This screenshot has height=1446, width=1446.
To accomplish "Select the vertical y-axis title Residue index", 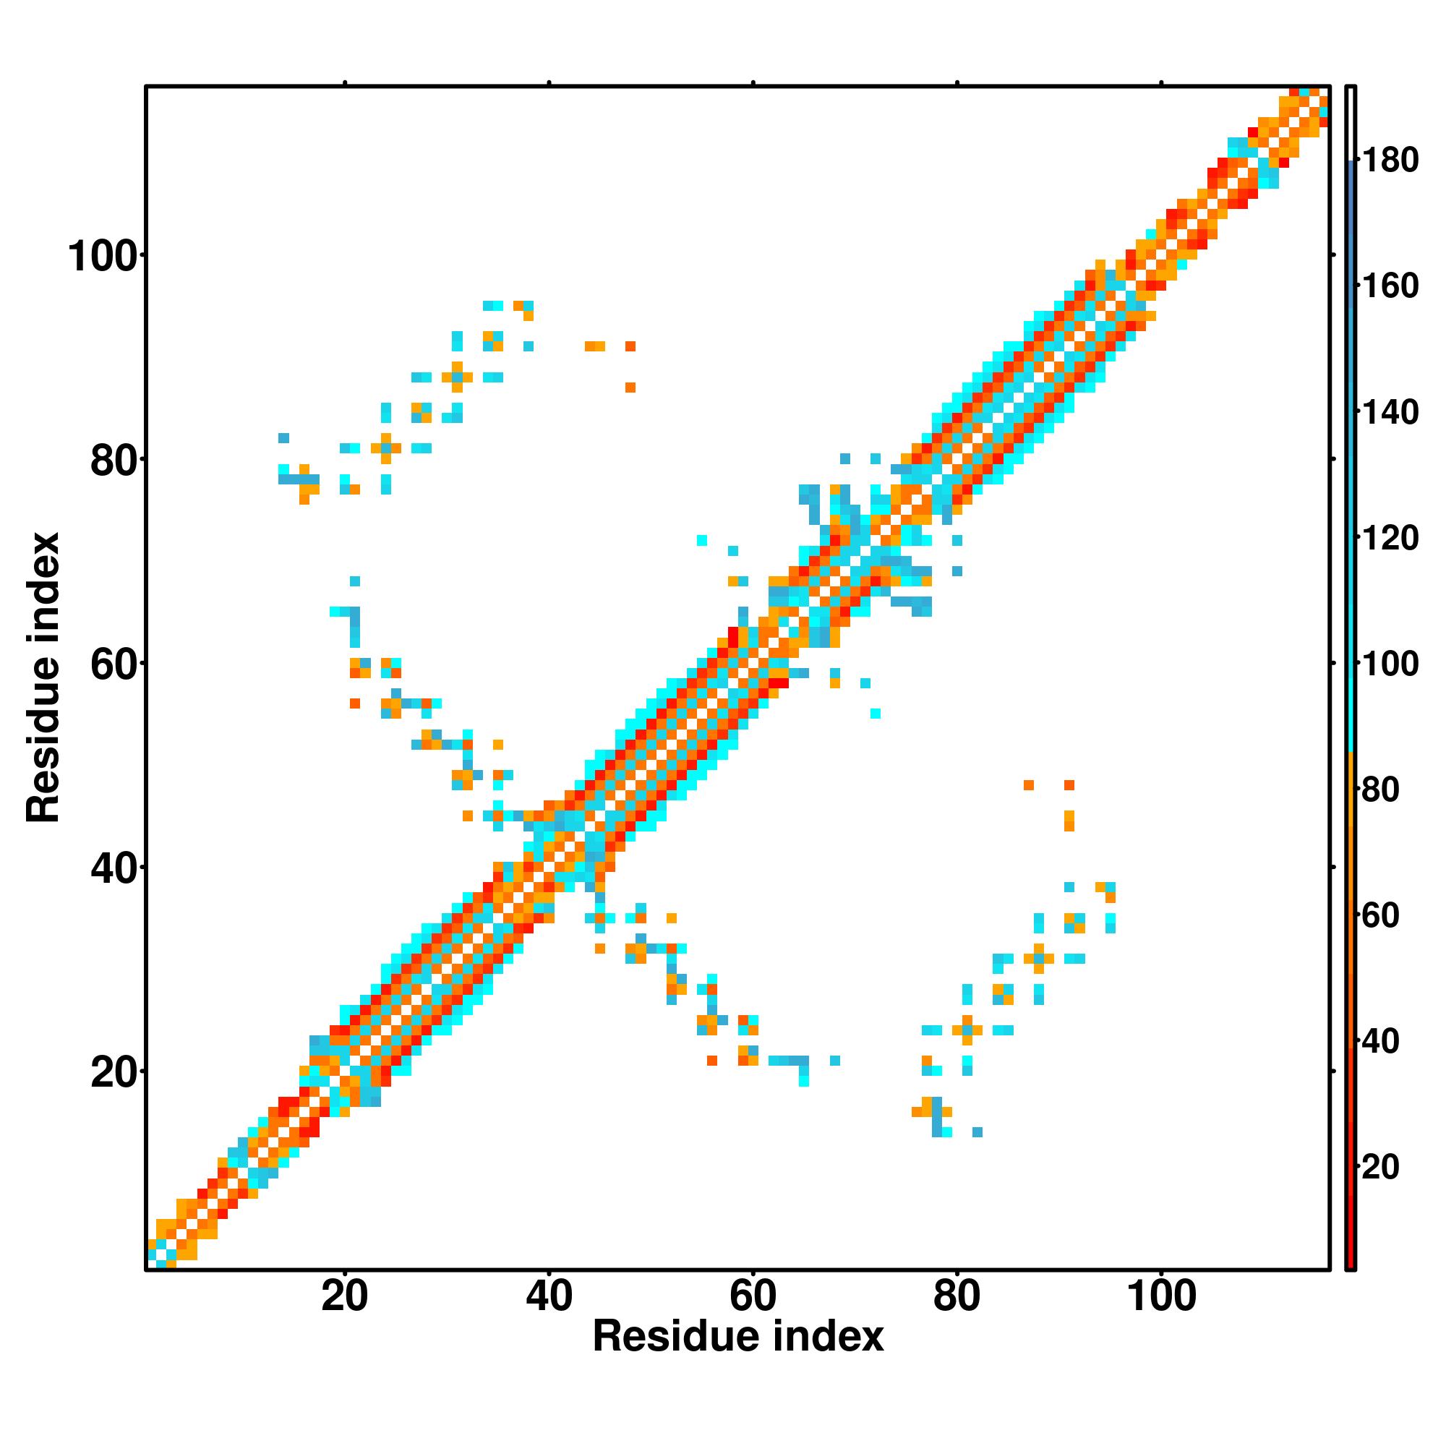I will tap(43, 677).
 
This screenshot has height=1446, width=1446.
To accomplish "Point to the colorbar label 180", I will tap(1390, 161).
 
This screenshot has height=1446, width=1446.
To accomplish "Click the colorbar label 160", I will tap(1390, 286).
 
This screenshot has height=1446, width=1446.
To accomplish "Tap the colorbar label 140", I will tap(1390, 411).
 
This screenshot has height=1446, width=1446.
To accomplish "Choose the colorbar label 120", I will tap(1390, 537).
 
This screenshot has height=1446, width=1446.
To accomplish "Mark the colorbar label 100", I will tap(1390, 663).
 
